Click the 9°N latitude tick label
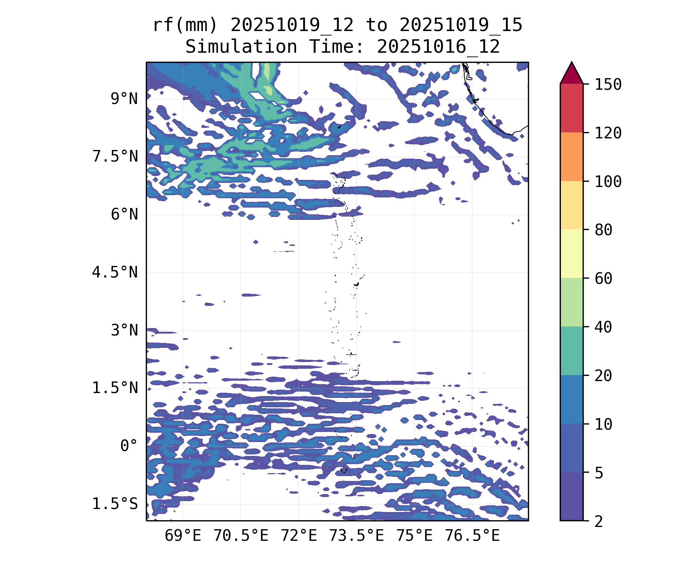(x=124, y=99)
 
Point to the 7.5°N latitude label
(x=115, y=157)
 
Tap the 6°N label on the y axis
(x=124, y=215)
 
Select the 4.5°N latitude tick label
(x=115, y=272)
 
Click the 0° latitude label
(x=129, y=446)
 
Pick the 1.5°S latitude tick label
(x=115, y=504)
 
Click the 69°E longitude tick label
(x=183, y=536)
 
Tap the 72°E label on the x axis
(x=299, y=536)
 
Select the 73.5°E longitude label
(x=356, y=536)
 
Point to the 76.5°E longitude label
(x=472, y=536)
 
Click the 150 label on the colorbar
(x=608, y=85)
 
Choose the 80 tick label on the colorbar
(x=603, y=230)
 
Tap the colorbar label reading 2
(x=599, y=521)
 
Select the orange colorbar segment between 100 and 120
(x=571, y=157)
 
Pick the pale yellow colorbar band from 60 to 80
(x=571, y=254)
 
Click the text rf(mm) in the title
(x=185, y=25)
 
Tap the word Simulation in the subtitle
(x=241, y=47)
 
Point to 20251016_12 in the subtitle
(x=438, y=47)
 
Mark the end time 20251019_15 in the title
(x=461, y=25)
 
